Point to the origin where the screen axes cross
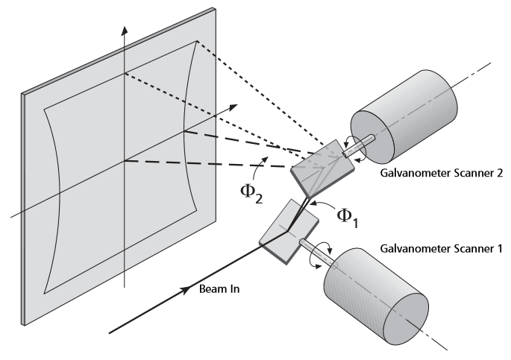click(x=125, y=161)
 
